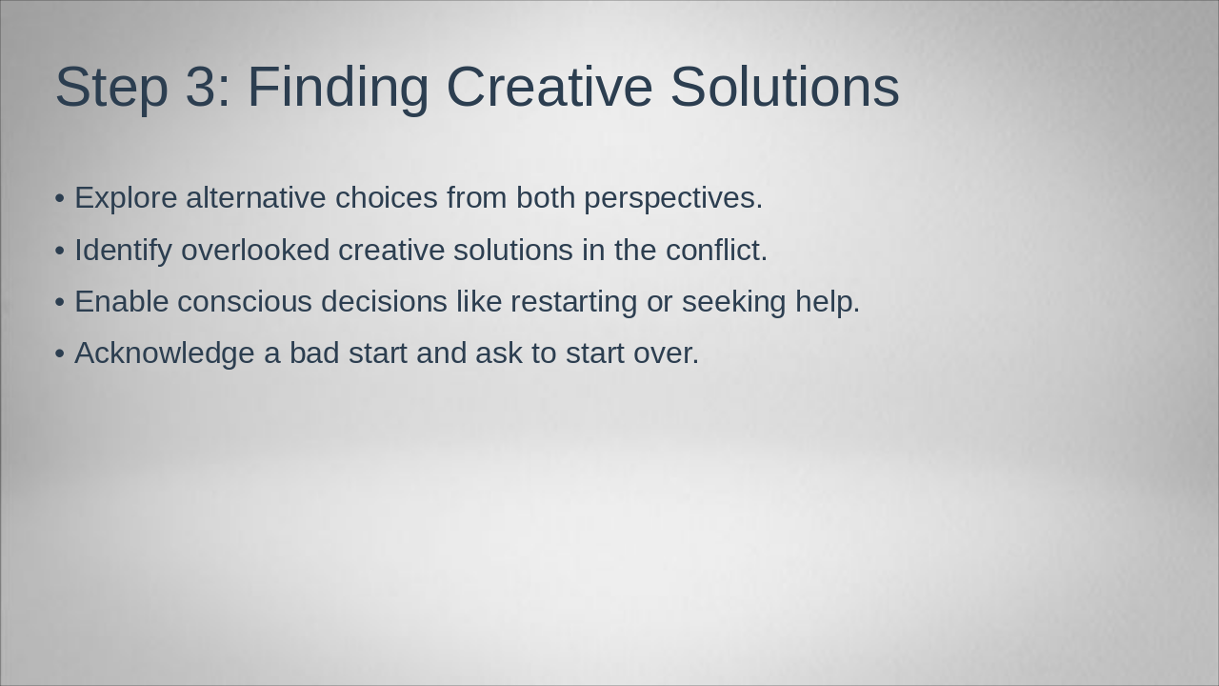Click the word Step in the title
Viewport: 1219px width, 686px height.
111,88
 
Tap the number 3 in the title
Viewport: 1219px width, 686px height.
202,86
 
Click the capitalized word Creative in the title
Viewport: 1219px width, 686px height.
550,86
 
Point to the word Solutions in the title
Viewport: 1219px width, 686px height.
785,86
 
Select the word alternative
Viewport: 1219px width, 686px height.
256,197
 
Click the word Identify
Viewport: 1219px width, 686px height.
123,251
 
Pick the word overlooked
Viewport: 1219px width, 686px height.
255,250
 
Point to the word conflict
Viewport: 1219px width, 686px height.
716,250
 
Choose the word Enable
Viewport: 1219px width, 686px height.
121,302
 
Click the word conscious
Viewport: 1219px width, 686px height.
245,303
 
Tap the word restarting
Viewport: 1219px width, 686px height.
573,303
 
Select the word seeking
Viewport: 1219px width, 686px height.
733,303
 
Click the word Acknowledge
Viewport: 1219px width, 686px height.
165,354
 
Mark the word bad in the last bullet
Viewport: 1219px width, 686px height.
314,353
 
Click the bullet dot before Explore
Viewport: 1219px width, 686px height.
60,199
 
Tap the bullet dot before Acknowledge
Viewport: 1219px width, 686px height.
60,353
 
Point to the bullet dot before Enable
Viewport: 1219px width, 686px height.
60,303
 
